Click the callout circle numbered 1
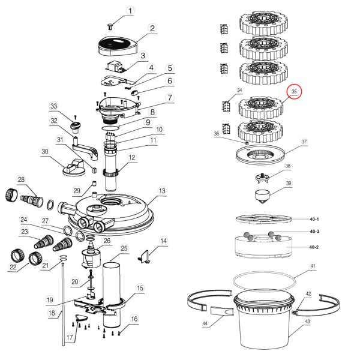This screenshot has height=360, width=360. click(x=131, y=11)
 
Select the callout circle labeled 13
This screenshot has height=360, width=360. click(x=161, y=191)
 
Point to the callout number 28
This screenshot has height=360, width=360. click(x=22, y=180)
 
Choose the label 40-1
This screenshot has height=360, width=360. click(x=314, y=220)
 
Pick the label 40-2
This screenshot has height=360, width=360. click(x=314, y=247)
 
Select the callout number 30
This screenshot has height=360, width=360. click(x=44, y=152)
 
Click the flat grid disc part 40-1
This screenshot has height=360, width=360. click(x=262, y=220)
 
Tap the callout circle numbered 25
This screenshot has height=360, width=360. click(x=124, y=249)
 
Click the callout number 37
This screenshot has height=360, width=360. click(x=304, y=142)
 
